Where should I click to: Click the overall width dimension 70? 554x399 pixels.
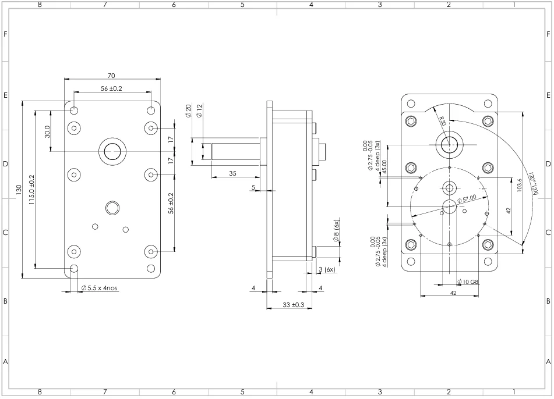point(111,76)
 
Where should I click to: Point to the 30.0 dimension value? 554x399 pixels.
point(47,131)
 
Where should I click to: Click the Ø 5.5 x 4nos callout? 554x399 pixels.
point(100,288)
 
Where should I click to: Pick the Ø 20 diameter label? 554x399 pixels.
point(188,110)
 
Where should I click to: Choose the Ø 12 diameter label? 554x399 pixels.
point(199,110)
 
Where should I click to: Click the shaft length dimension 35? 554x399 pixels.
point(232,173)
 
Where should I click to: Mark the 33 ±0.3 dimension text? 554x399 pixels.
point(290,305)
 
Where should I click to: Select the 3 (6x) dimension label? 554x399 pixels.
point(327,269)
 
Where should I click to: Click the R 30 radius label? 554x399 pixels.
point(442,121)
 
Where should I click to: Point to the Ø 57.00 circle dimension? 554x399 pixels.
point(467,199)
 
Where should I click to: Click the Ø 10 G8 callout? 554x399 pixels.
point(468,282)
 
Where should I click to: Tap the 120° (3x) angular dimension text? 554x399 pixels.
point(534,181)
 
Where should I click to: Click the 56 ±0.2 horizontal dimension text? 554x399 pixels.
point(111,88)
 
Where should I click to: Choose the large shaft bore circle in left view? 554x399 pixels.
point(112,152)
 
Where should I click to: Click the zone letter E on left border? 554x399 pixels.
point(5,95)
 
